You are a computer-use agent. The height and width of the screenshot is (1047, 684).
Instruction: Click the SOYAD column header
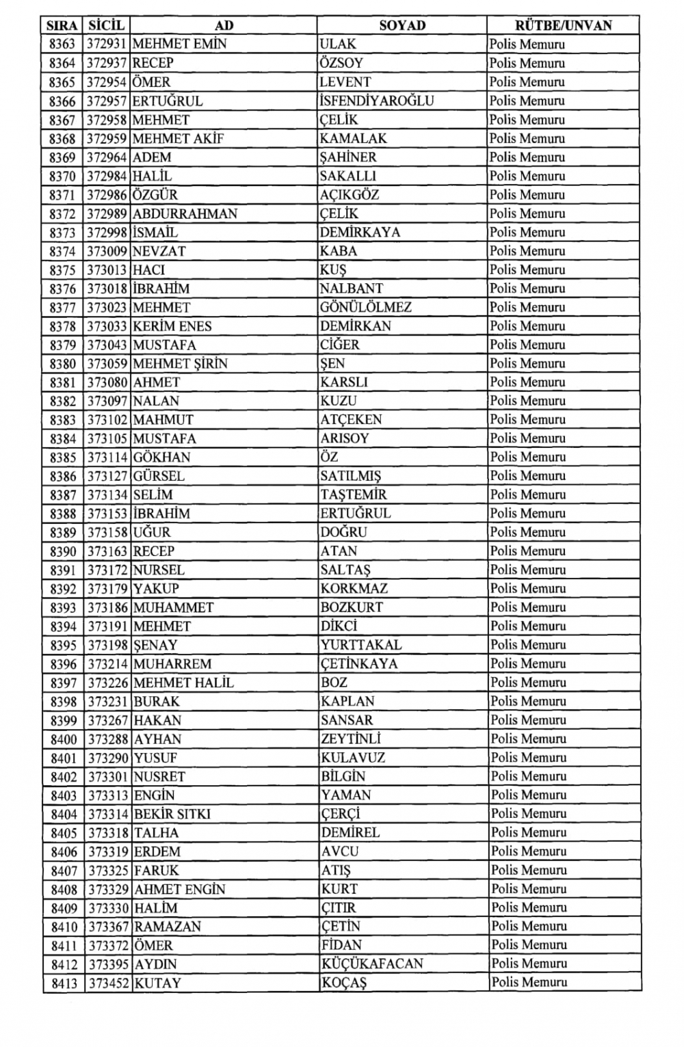tap(402, 26)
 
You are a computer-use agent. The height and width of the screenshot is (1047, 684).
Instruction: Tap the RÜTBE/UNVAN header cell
tap(563, 26)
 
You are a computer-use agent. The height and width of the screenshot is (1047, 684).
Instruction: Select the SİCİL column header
tap(106, 26)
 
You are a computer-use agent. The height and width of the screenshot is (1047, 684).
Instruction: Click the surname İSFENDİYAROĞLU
tap(377, 101)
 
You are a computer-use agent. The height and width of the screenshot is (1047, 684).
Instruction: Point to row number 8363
tap(62, 44)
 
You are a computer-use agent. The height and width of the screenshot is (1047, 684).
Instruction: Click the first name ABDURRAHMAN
tap(185, 214)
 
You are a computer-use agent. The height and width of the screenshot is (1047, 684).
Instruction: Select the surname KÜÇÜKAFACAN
tap(372, 964)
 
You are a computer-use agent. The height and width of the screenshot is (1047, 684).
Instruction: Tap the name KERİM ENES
tap(172, 326)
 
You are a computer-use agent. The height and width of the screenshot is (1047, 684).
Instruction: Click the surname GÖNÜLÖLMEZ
tap(366, 308)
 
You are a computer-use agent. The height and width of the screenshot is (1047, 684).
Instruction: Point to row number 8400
tap(64, 739)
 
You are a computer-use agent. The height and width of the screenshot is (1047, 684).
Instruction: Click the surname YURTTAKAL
tap(361, 645)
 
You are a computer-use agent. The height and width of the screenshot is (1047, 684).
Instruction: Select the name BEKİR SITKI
tap(172, 814)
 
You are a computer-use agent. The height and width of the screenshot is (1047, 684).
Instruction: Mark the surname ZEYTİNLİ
tap(351, 739)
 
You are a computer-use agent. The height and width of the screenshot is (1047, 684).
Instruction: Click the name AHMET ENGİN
tap(180, 890)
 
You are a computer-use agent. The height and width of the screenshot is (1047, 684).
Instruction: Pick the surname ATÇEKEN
tap(351, 420)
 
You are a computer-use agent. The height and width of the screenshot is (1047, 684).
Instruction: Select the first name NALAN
tap(156, 401)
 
